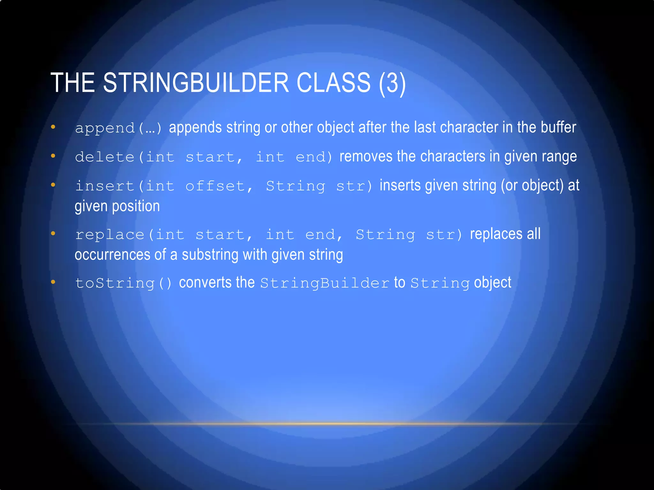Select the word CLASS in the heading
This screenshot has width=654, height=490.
333,83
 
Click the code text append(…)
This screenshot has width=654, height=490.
118,128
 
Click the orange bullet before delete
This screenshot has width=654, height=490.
53,156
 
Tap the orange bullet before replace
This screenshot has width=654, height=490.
53,234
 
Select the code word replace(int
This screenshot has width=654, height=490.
130,235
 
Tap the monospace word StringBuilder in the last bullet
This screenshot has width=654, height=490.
325,283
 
